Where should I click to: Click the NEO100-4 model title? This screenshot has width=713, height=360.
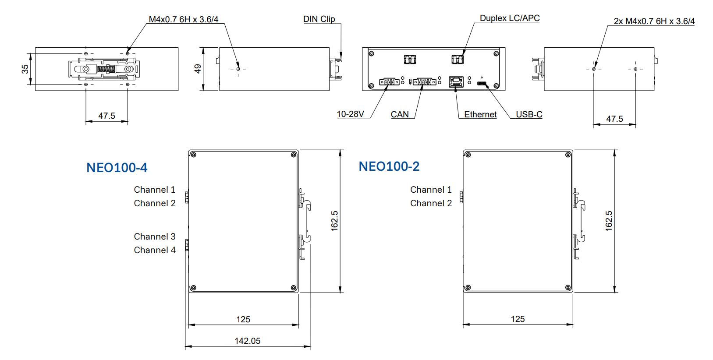tap(117, 168)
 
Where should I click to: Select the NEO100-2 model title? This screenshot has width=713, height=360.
tap(389, 166)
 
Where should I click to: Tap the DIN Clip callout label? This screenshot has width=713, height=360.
tap(319, 19)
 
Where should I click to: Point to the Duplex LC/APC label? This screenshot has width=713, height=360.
tap(510, 18)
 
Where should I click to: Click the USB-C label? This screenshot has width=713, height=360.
tap(529, 114)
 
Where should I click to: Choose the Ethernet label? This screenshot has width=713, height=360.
tap(480, 114)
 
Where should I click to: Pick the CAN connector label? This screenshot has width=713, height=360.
tap(400, 114)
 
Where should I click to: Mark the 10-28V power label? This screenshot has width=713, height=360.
tap(350, 114)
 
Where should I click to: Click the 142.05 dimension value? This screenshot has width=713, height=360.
tap(247, 341)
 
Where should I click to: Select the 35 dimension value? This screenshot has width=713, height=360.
tap(25, 69)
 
